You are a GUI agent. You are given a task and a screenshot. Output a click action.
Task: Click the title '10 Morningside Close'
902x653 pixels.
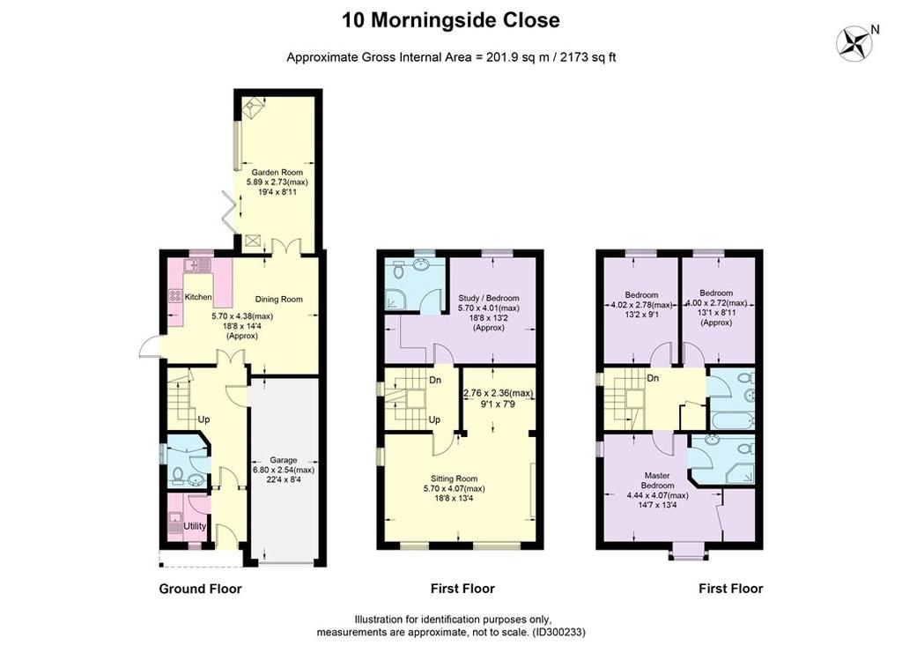click(450, 20)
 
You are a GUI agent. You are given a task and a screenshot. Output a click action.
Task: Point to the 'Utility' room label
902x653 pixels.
click(195, 526)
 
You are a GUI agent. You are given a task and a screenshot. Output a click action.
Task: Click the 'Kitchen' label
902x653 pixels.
click(198, 298)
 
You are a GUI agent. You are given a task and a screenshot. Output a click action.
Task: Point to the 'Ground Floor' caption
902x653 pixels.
click(200, 589)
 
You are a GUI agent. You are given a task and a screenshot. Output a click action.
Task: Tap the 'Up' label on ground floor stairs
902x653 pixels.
click(203, 419)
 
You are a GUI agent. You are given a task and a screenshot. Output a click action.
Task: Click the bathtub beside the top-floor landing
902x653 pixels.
click(730, 419)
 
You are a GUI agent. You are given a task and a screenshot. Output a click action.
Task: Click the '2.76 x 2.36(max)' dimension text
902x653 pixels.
click(498, 393)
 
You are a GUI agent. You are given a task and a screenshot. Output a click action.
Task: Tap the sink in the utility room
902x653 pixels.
click(174, 516)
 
